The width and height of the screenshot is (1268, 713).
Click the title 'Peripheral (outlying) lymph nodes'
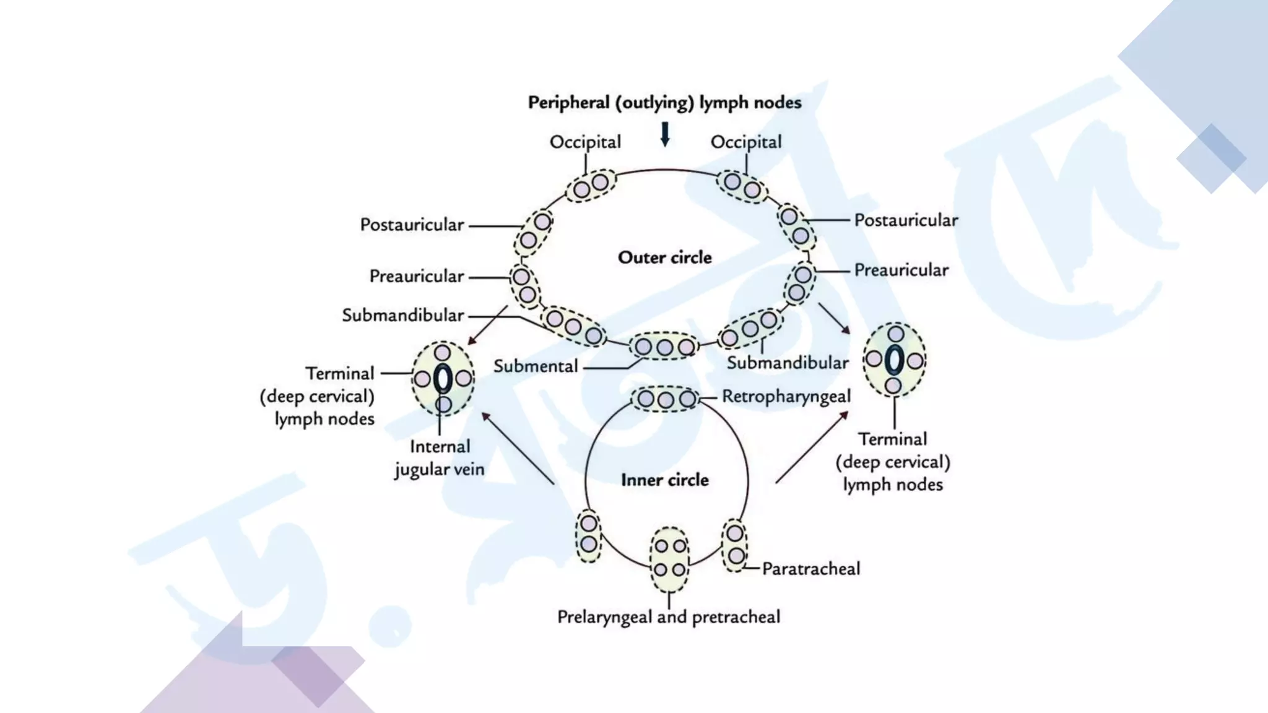click(x=664, y=103)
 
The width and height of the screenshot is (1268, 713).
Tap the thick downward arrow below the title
click(x=665, y=134)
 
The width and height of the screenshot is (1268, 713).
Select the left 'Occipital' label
click(x=585, y=142)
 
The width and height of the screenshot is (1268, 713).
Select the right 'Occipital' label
click(x=746, y=142)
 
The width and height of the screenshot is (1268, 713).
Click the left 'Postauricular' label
click(x=412, y=225)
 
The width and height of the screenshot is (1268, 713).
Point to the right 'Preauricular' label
click(x=901, y=270)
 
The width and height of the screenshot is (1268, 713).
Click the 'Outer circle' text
click(x=665, y=257)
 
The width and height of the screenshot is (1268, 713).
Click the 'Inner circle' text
click(x=665, y=480)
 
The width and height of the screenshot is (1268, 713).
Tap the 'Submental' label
click(x=536, y=366)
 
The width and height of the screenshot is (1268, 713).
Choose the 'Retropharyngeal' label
click(x=786, y=397)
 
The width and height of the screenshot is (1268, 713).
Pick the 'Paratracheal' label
click(x=811, y=569)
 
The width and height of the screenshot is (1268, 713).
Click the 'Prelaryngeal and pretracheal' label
click(x=669, y=617)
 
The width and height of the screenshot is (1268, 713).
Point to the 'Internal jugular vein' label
click(x=440, y=458)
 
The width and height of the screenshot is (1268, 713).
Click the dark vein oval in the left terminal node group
click(x=443, y=379)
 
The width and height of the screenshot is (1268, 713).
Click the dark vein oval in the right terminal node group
click(x=894, y=360)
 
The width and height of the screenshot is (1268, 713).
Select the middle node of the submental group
click(x=664, y=347)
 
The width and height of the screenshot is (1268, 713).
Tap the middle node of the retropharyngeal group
click(x=666, y=400)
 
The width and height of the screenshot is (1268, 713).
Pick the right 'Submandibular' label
click(x=788, y=363)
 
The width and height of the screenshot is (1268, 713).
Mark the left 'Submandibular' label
click(x=402, y=316)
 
